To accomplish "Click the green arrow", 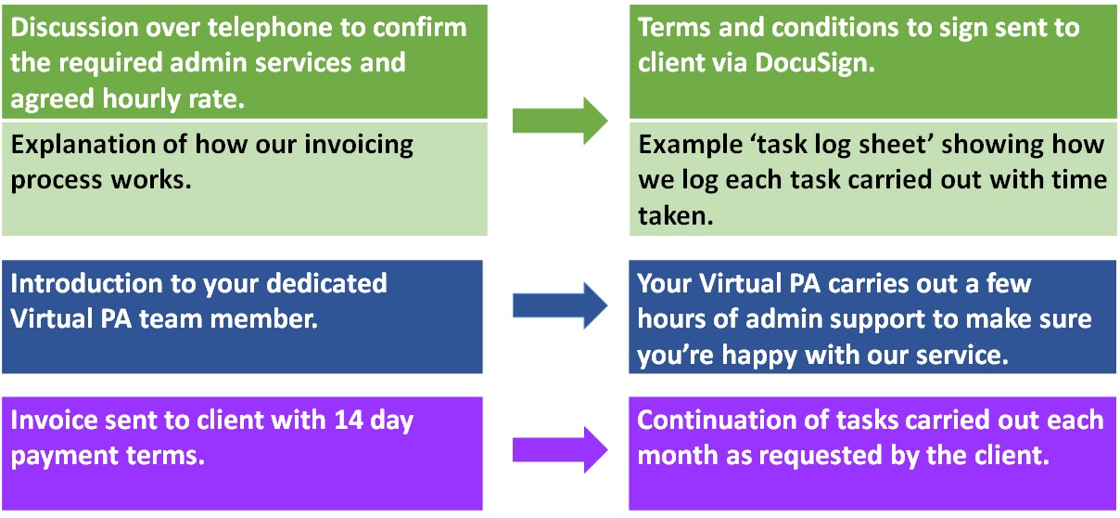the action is [560, 121].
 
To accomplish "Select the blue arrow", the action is [560, 305].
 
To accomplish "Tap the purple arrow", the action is [560, 449].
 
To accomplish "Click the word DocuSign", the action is [815, 64].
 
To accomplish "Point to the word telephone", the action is [269, 28].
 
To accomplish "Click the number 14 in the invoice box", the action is [348, 420].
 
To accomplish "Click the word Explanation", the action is [98, 145].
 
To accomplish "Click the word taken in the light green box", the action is [676, 215].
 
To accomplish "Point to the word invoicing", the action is [359, 145].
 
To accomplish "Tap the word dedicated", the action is [326, 283].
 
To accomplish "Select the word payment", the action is [64, 457].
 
